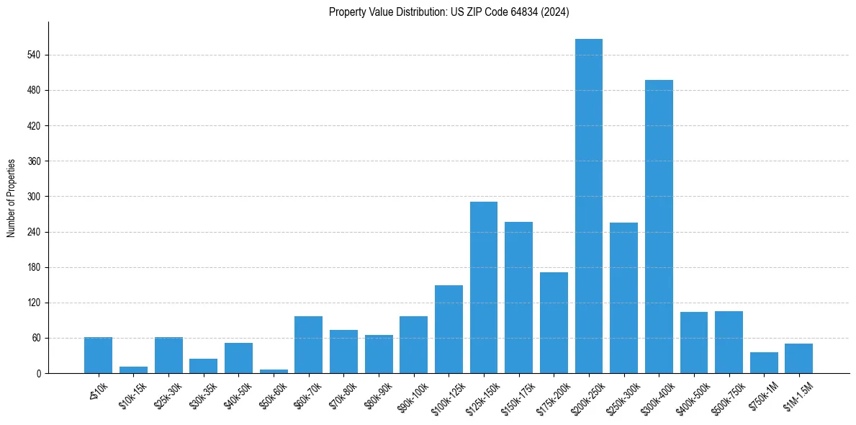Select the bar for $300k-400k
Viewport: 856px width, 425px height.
(659, 226)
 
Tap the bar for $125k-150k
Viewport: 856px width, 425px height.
(484, 287)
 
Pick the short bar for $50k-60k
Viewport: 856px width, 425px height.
(274, 371)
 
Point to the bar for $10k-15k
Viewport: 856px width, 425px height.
(133, 370)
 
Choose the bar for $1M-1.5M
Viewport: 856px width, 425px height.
(798, 358)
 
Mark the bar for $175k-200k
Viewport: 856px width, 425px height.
(554, 323)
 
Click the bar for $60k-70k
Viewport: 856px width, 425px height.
(308, 344)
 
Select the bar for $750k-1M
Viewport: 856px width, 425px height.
(764, 362)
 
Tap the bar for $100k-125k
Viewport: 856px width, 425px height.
(449, 329)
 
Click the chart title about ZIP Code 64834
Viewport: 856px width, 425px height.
(449, 12)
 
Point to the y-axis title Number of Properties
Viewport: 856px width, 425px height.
(12, 197)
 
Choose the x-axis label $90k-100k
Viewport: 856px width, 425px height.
(410, 396)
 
